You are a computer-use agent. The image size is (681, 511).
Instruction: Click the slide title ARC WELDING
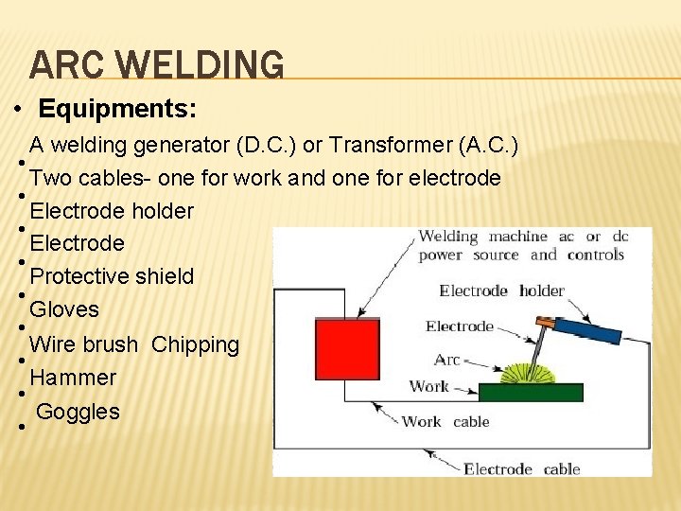click(x=157, y=64)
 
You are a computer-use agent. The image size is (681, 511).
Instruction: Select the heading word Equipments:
click(x=118, y=109)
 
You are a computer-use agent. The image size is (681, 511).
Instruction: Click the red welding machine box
click(x=347, y=349)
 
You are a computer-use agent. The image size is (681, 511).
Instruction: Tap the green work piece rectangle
click(x=531, y=392)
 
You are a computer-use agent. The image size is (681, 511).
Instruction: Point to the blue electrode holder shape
click(x=588, y=330)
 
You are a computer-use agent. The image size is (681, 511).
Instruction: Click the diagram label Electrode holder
click(x=501, y=291)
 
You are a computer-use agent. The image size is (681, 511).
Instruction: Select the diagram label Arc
click(x=447, y=360)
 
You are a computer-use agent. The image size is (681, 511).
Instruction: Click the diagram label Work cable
click(x=445, y=421)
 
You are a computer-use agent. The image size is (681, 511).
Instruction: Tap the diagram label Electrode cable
click(x=521, y=468)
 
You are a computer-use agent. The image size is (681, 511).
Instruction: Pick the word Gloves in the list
click(x=64, y=309)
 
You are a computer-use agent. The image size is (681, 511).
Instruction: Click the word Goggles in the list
click(x=79, y=412)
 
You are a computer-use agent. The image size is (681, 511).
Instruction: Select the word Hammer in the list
click(x=73, y=378)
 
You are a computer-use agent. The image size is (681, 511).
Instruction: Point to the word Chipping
click(x=195, y=344)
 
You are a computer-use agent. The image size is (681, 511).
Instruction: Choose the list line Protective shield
click(x=112, y=276)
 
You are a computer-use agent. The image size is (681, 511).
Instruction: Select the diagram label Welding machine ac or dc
click(x=523, y=236)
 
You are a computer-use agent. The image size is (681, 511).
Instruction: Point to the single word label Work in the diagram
click(x=429, y=386)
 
